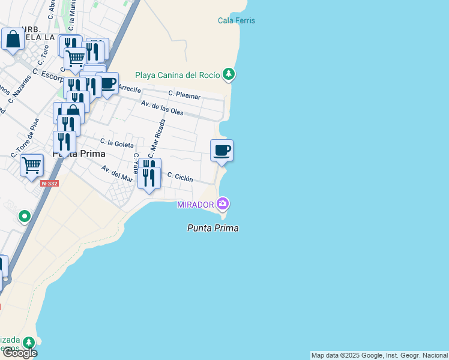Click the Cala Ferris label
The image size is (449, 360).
[x=236, y=20]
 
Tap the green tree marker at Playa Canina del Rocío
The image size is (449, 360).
[x=228, y=74]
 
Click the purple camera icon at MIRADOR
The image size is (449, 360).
[x=223, y=204]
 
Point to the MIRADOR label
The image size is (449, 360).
[x=195, y=205]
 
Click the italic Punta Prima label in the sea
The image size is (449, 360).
[x=212, y=228]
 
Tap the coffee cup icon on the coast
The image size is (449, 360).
[x=221, y=150]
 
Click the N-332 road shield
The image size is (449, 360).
[x=50, y=183]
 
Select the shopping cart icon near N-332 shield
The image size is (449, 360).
[x=31, y=164]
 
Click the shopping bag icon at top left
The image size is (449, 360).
[x=13, y=40]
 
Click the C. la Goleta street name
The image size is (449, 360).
[x=116, y=143]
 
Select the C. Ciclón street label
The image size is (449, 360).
[x=180, y=178]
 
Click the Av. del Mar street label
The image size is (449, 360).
[x=116, y=173]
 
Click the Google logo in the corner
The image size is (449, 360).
[x=19, y=353]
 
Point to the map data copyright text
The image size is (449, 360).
[x=379, y=355]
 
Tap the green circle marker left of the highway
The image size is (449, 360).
[x=25, y=216]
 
